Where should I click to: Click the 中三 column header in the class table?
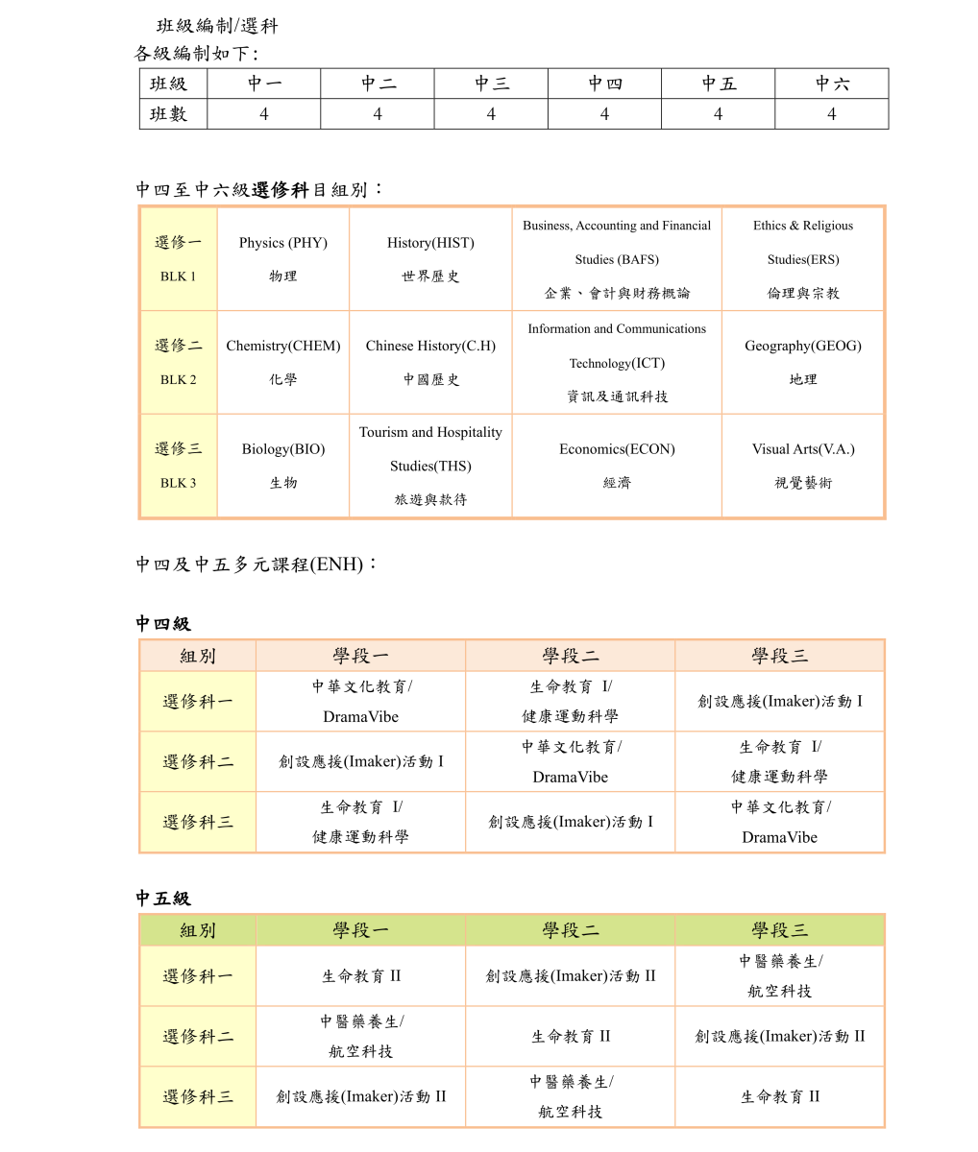click(491, 84)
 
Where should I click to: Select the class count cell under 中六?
click(831, 114)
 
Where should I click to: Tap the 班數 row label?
click(169, 114)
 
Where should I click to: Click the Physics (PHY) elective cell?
click(283, 259)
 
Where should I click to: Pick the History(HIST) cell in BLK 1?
click(430, 259)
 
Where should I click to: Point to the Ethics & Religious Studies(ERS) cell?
click(803, 259)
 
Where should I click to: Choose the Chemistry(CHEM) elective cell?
click(283, 362)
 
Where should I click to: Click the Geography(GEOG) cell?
click(803, 362)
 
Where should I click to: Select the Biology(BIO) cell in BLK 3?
click(283, 466)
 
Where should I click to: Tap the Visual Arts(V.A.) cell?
click(803, 466)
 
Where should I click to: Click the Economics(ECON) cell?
click(617, 466)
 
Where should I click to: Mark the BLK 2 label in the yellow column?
click(179, 379)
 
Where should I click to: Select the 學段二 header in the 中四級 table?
click(570, 656)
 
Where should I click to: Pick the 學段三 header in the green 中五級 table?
click(779, 930)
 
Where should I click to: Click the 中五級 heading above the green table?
click(163, 899)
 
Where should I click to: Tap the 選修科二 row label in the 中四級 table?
click(198, 762)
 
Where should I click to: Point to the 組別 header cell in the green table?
click(198, 930)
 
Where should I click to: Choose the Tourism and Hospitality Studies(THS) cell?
click(430, 466)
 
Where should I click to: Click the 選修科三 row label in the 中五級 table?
click(198, 1096)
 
